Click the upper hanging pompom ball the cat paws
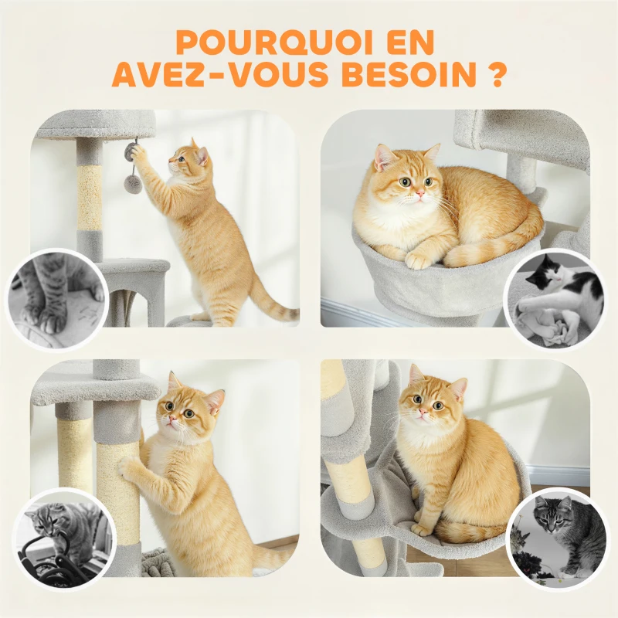coord(131,151)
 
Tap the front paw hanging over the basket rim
coord(419,260)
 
